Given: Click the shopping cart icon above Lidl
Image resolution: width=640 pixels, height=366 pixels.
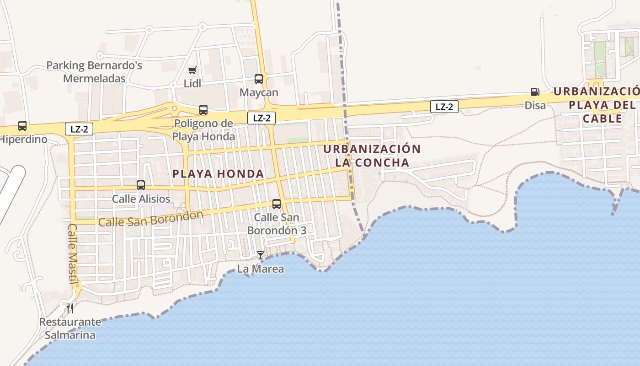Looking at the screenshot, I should click(192, 70).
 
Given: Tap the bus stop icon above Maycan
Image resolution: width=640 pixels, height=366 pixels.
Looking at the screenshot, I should click(259, 79).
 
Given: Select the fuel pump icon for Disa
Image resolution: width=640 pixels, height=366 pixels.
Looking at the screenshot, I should click(535, 92).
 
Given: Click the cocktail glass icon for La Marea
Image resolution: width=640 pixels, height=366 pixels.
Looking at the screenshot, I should click(261, 255).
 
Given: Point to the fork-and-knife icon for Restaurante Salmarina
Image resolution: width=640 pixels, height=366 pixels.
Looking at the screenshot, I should click(70, 308).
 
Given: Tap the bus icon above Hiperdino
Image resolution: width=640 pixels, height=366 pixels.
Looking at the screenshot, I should click(22, 125).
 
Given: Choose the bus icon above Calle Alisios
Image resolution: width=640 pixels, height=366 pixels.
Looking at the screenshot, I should click(141, 185).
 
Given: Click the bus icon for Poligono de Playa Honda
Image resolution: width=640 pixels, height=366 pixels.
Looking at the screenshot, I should click(203, 110).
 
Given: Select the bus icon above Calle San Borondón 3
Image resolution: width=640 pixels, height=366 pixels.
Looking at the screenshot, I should click(277, 204).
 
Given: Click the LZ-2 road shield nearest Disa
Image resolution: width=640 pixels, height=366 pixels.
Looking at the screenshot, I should click(444, 107).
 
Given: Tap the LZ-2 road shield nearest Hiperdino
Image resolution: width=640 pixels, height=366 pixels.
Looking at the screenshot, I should click(79, 129).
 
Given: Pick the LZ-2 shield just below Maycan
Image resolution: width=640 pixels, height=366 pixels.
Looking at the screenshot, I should click(261, 118).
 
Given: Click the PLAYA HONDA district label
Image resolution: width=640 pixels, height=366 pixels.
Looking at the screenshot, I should click(219, 174).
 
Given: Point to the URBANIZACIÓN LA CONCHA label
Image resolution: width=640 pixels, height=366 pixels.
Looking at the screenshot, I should click(372, 156).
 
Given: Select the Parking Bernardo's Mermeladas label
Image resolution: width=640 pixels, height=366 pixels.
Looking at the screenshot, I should click(94, 72).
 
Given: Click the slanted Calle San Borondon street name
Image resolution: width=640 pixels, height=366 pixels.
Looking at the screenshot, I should click(150, 219).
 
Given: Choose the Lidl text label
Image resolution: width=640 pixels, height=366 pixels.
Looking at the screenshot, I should click(192, 84).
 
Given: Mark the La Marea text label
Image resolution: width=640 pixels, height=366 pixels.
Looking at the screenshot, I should click(261, 269).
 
